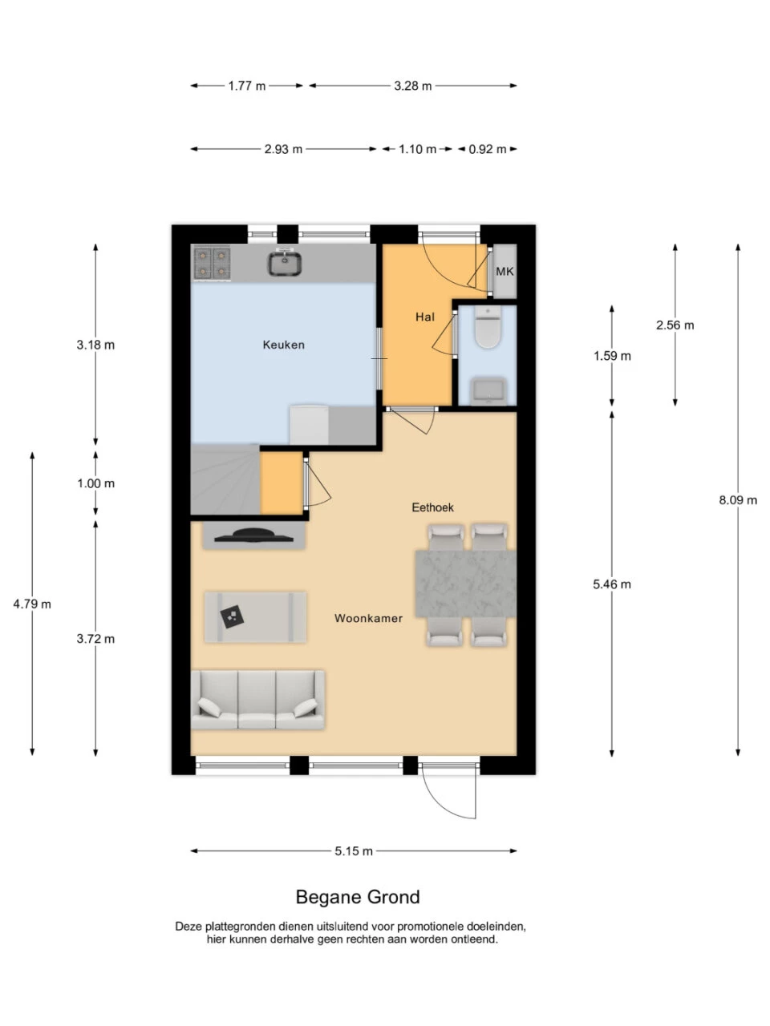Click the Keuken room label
click(x=283, y=345)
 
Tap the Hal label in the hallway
click(x=425, y=317)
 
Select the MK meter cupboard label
click(x=505, y=271)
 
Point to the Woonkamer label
click(x=368, y=618)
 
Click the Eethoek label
click(x=432, y=507)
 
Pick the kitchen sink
click(x=284, y=263)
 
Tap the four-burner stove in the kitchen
click(x=213, y=264)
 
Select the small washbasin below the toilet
click(x=488, y=390)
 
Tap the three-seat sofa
click(x=257, y=700)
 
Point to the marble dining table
click(x=466, y=584)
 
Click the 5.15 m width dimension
click(x=354, y=850)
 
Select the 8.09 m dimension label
click(x=738, y=500)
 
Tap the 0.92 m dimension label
click(x=488, y=149)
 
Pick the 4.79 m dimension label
click(x=32, y=604)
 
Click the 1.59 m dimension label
click(x=612, y=356)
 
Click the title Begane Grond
click(x=358, y=897)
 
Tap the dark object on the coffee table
click(x=233, y=617)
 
